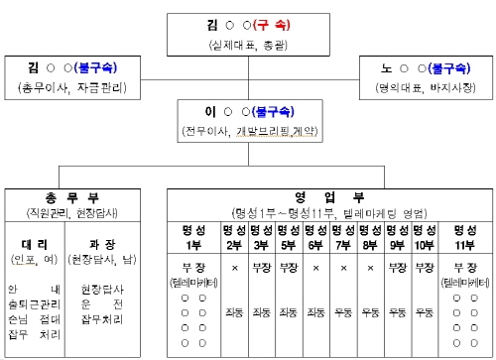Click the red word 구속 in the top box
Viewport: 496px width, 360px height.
tap(268, 24)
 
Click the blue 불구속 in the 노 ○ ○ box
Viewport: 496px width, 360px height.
tap(434, 69)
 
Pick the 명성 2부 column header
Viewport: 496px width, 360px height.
tap(234, 238)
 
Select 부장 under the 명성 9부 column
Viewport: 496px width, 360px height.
tap(397, 268)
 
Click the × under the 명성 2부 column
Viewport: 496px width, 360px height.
tap(234, 268)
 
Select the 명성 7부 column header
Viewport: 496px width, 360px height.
tap(343, 238)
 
